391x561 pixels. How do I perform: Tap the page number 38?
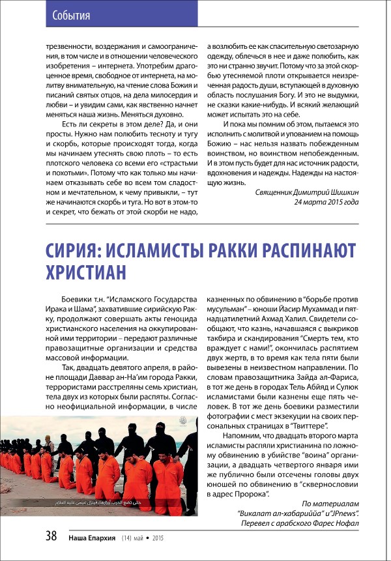click(x=51, y=536)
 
